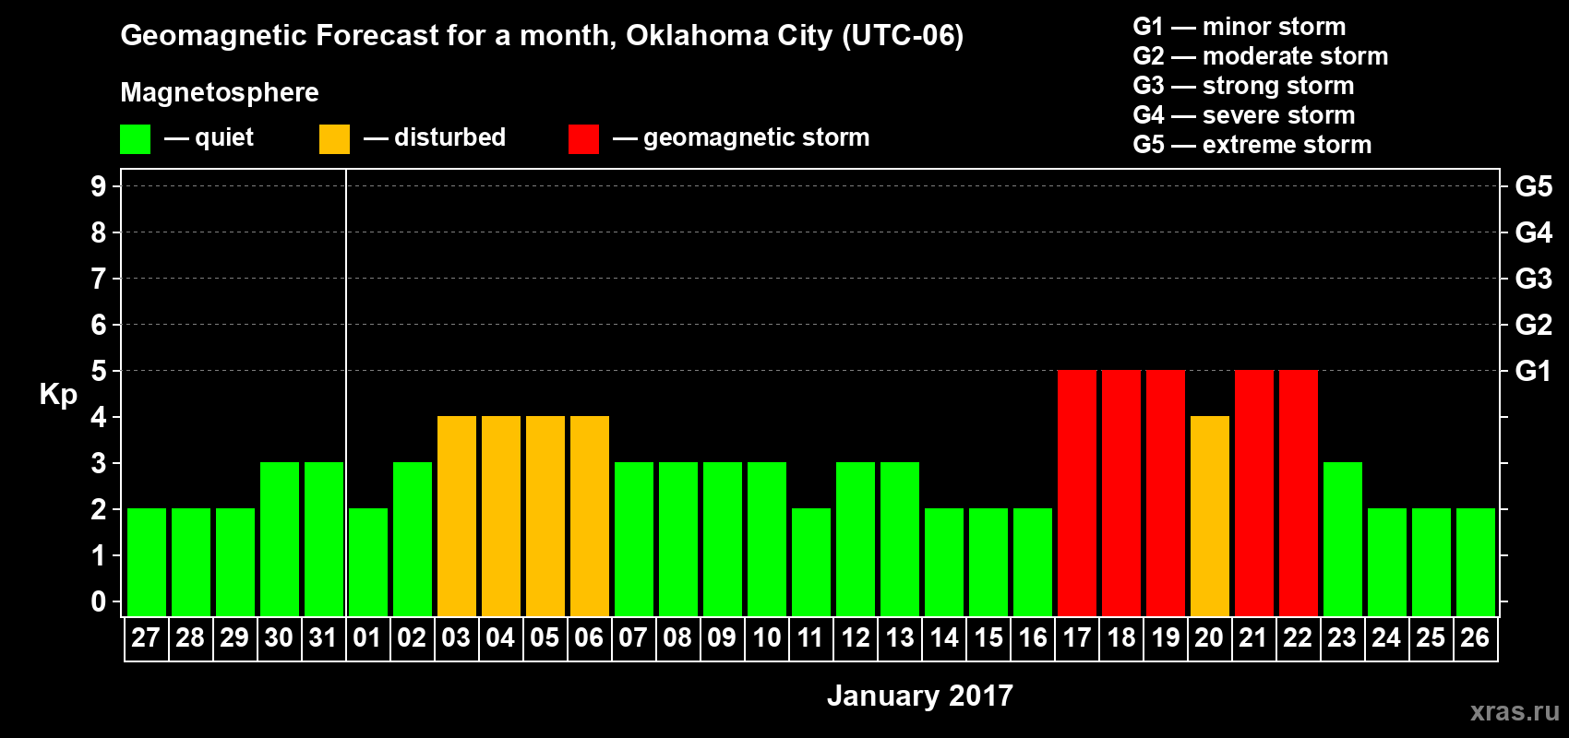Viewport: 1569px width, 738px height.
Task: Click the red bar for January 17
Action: tap(1077, 493)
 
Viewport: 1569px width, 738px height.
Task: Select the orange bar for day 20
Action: tap(1210, 516)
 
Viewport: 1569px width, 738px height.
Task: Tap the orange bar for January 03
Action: tap(457, 516)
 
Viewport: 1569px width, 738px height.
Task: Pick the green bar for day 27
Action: tap(147, 562)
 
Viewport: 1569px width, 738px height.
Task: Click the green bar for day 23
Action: tap(1343, 539)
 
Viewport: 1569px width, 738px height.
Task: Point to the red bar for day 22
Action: tap(1299, 493)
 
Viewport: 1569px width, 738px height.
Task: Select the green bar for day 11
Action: tap(811, 562)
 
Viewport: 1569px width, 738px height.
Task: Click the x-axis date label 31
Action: tap(323, 637)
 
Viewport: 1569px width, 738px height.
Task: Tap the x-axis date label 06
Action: tap(589, 637)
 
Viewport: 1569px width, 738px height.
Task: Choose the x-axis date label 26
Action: tap(1475, 637)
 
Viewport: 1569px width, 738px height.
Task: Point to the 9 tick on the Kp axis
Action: tap(99, 186)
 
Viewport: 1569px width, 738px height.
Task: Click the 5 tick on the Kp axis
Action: tap(99, 371)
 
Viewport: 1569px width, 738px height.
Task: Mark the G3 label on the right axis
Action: tap(1533, 279)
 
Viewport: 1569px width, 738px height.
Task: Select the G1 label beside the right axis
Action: tap(1533, 371)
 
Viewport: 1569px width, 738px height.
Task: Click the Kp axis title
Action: tap(58, 395)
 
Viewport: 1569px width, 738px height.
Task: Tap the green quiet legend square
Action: tap(136, 139)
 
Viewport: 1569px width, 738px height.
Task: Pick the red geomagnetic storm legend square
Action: tap(583, 139)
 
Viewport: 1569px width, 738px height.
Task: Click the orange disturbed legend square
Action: tap(334, 139)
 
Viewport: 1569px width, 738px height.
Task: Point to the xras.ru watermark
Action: tap(1515, 711)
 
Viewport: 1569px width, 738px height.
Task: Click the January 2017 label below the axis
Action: tap(919, 696)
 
